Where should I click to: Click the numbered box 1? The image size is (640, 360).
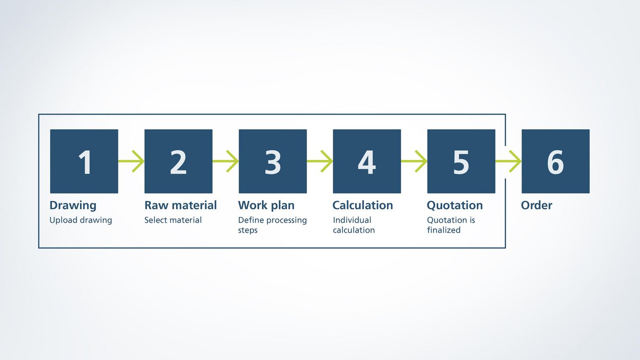pos(84,161)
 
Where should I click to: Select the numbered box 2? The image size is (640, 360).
pos(178,161)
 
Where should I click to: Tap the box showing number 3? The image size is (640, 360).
pos(272,161)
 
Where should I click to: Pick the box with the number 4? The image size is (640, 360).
pos(367,161)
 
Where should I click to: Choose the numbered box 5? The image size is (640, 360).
pos(461,161)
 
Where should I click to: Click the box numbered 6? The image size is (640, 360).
pos(555,161)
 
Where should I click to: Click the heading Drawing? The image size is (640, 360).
pos(73,205)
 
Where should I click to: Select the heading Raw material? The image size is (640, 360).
pos(181,205)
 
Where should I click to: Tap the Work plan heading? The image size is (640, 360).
pos(266,205)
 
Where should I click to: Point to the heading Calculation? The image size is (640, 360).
pos(363,205)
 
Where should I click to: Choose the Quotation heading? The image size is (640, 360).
pos(454,205)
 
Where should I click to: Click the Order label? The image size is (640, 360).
pos(536,205)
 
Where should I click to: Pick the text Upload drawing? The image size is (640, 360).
pos(80,220)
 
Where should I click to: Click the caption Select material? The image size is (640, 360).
pos(173,220)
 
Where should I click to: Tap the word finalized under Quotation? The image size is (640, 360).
pos(443,230)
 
